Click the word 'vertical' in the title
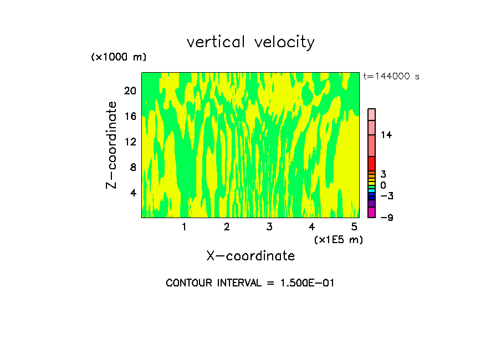pos(216,42)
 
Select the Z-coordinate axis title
pos(112,145)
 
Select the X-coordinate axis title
pos(250,256)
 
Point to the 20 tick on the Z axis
pos(131,90)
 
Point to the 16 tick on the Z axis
pos(131,116)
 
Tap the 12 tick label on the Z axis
pos(131,142)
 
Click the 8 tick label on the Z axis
pos(133,167)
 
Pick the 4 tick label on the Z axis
pos(133,193)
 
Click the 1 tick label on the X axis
pos(184,227)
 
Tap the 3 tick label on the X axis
pos(269,227)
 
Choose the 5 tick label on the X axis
pos(354,227)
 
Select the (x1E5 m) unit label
pos(338,240)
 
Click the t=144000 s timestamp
pos(391,77)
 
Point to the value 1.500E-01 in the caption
pos(307,283)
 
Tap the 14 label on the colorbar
pos(386,135)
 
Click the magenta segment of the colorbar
pos(371,213)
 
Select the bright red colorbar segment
pos(371,163)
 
